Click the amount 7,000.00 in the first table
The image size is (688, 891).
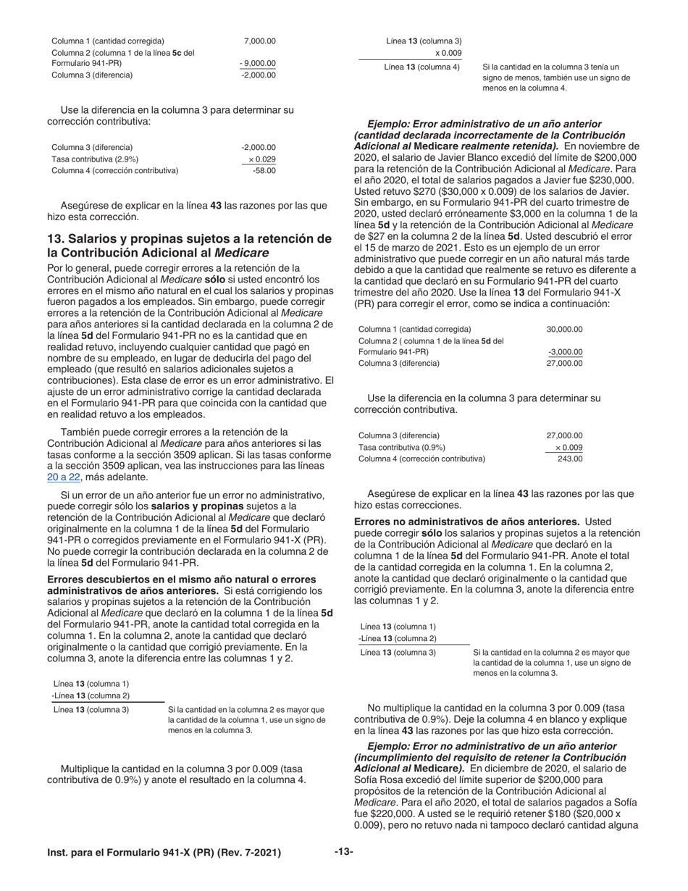click(260, 41)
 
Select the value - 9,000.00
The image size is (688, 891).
click(258, 63)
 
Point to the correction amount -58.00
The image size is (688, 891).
click(264, 170)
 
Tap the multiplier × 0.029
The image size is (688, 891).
click(261, 159)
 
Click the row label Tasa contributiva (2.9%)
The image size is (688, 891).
click(95, 159)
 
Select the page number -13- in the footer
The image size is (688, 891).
click(343, 852)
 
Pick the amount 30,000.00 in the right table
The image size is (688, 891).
click(564, 329)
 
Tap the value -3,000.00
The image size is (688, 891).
click(566, 352)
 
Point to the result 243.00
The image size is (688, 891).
click(570, 459)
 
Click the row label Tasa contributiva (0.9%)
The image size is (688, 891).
click(402, 447)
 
